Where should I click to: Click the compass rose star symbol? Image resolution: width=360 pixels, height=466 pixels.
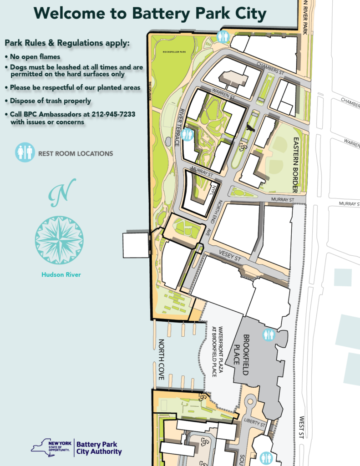pos(59,240)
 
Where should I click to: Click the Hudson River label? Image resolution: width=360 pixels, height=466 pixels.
pos(61,274)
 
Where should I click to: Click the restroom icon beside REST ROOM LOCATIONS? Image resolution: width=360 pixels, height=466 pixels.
pos(25,152)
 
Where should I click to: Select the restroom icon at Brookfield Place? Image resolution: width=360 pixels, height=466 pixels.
pos(269,335)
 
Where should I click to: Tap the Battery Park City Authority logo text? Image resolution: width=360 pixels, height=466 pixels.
pos(99,448)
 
